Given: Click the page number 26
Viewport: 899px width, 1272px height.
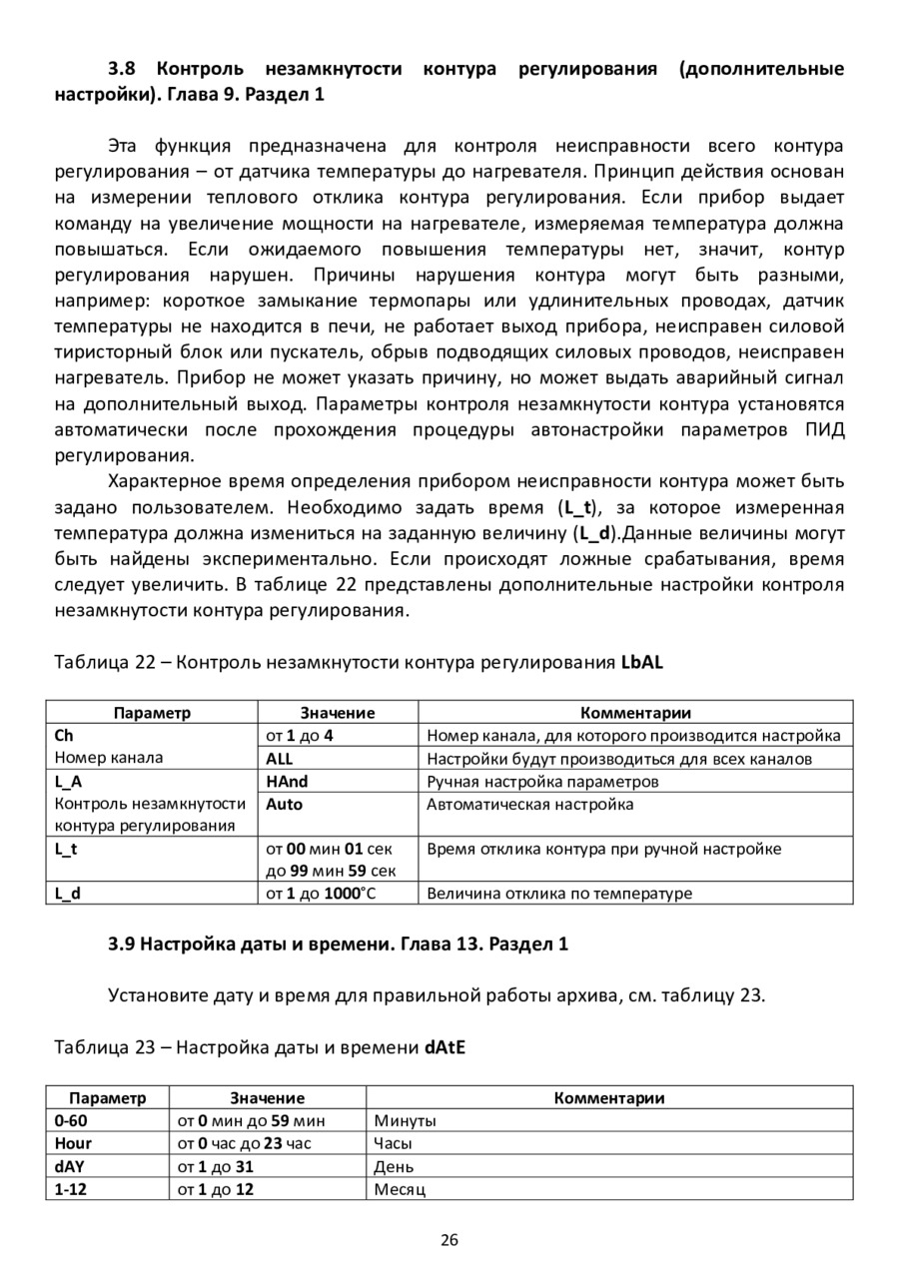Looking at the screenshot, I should [449, 1240].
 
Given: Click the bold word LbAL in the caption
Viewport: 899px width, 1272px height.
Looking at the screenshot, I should [642, 662].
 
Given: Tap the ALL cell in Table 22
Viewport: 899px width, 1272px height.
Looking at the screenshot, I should [280, 758].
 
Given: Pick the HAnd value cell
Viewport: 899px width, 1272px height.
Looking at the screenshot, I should [286, 781].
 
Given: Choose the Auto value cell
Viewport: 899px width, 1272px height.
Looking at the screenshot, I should [285, 804].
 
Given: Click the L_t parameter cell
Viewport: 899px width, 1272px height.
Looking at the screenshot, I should [66, 849].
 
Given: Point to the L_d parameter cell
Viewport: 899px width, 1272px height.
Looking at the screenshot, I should [68, 893].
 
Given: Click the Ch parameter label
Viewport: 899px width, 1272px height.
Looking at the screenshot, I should [65, 736].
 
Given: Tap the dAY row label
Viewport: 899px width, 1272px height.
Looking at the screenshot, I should [70, 1166].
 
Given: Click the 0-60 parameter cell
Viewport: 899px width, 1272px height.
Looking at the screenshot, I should [71, 1120].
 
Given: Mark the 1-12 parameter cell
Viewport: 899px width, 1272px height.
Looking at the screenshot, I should [71, 1189].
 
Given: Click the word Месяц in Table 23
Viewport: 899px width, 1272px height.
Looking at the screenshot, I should [400, 1189].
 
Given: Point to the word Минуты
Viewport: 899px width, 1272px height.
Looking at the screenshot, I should [405, 1120].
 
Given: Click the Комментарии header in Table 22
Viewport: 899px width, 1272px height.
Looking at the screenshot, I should [635, 712].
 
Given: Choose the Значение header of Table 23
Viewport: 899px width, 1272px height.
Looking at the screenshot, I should [267, 1097].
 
